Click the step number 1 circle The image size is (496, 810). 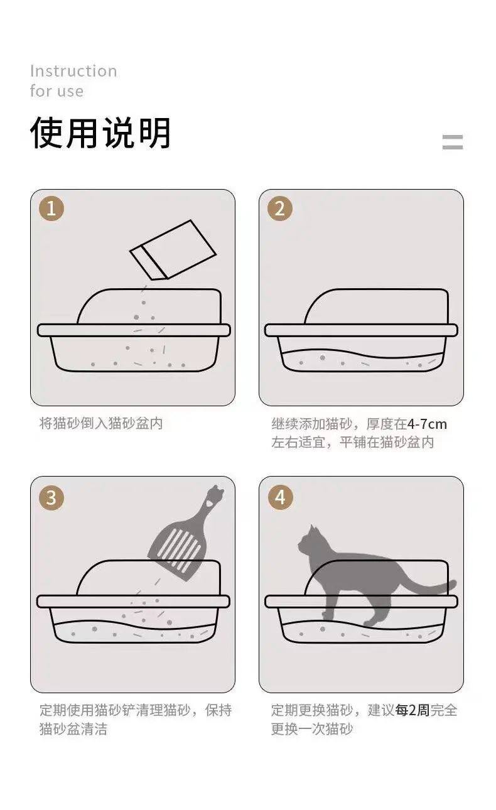coord(51,208)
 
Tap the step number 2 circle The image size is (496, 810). coord(280,208)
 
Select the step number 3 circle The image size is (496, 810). coord(51,497)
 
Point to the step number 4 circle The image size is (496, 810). coord(280,497)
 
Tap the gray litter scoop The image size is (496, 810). coord(185,533)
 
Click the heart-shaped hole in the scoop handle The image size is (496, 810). coord(209,502)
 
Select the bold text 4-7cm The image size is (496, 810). coord(427,424)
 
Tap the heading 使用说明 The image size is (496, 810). coord(100,132)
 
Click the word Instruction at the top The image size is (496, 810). coord(73,71)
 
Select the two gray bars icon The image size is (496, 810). coord(453,142)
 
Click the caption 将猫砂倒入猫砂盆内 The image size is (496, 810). coord(101,423)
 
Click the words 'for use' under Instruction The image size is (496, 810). coord(57,91)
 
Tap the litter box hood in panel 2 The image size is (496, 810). coord(376,306)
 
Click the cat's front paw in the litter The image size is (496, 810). coord(326,613)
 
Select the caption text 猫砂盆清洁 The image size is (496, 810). coord(73,728)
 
